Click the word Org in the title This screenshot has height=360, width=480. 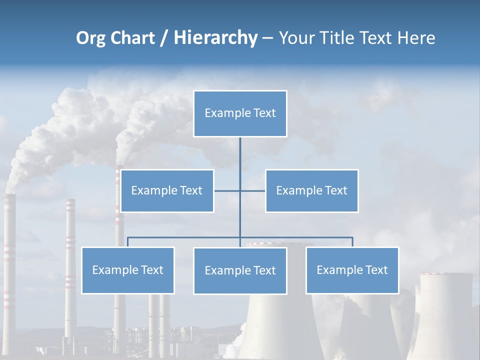click(x=89, y=38)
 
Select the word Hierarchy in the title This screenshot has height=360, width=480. click(x=215, y=38)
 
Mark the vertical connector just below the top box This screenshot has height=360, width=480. click(x=240, y=152)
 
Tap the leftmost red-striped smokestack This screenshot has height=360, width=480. click(x=9, y=250)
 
